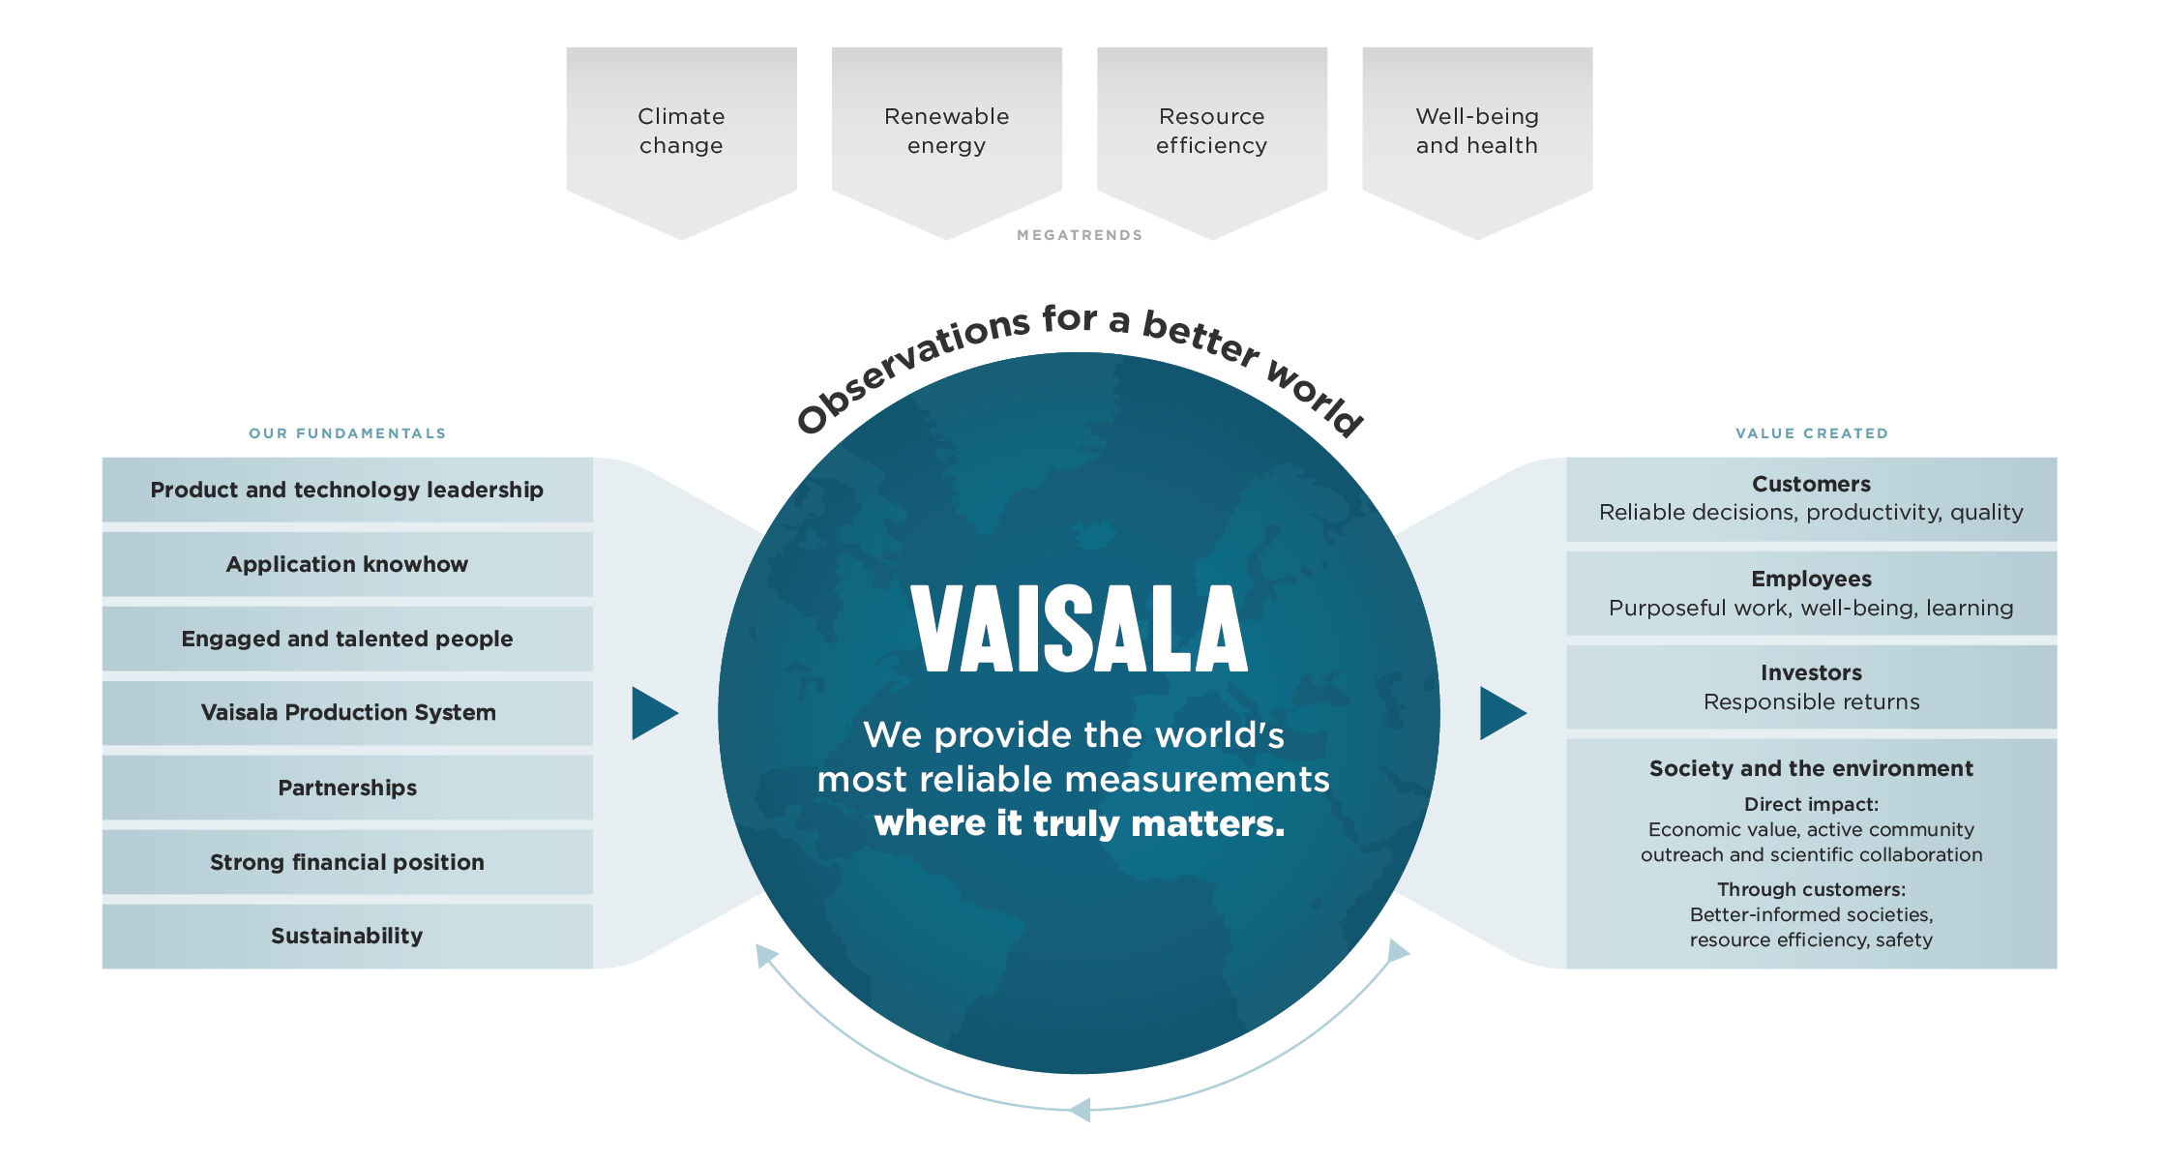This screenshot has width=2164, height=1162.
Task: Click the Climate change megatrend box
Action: click(681, 131)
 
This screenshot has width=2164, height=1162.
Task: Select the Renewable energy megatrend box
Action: click(946, 131)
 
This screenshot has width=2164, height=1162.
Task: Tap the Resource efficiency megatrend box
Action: click(1211, 131)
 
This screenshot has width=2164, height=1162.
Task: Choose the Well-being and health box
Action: click(1476, 131)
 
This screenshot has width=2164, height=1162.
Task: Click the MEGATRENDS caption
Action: click(1080, 235)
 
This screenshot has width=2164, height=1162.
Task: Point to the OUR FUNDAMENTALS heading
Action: click(347, 433)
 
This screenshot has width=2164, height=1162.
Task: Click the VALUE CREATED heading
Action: click(1811, 433)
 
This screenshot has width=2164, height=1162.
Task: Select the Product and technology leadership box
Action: click(347, 490)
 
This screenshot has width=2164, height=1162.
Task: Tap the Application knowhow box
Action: click(347, 564)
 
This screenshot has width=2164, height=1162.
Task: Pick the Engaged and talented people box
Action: click(347, 639)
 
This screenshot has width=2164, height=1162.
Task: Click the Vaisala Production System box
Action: click(347, 713)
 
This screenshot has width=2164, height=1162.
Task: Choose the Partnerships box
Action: click(347, 788)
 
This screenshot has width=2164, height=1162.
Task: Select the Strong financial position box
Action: click(347, 862)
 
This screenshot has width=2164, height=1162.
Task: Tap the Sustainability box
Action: click(347, 936)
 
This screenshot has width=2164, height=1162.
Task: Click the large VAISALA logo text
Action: click(1079, 629)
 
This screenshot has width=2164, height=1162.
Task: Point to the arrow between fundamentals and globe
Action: click(653, 713)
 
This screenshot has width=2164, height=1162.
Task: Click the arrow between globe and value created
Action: click(1501, 713)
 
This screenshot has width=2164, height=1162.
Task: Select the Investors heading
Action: click(1811, 672)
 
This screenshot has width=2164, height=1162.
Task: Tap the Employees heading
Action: click(1811, 579)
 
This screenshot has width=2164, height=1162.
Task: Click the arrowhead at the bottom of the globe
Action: click(1081, 1110)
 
